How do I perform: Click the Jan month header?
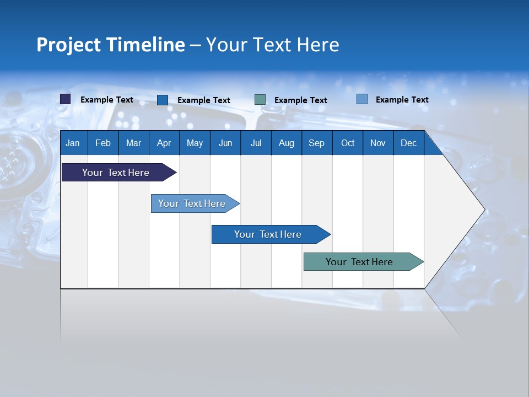point(73,143)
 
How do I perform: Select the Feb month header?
point(103,143)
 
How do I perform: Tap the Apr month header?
point(164,143)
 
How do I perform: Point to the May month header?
point(195,143)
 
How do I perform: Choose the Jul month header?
point(256,143)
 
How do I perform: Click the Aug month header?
point(286,143)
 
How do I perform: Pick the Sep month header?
point(316,143)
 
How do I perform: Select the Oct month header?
point(348,143)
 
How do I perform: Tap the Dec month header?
point(408,143)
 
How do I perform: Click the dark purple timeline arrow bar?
point(116,173)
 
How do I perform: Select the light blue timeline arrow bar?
point(192,203)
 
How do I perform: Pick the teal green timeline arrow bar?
point(359,262)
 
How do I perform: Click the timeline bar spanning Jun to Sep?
point(268,234)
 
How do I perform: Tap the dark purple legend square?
point(66,99)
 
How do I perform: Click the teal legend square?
point(260,99)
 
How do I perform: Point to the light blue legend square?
point(361,99)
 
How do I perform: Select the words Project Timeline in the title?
point(111,45)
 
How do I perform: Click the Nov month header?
point(378,143)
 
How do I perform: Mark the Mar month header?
point(133,143)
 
